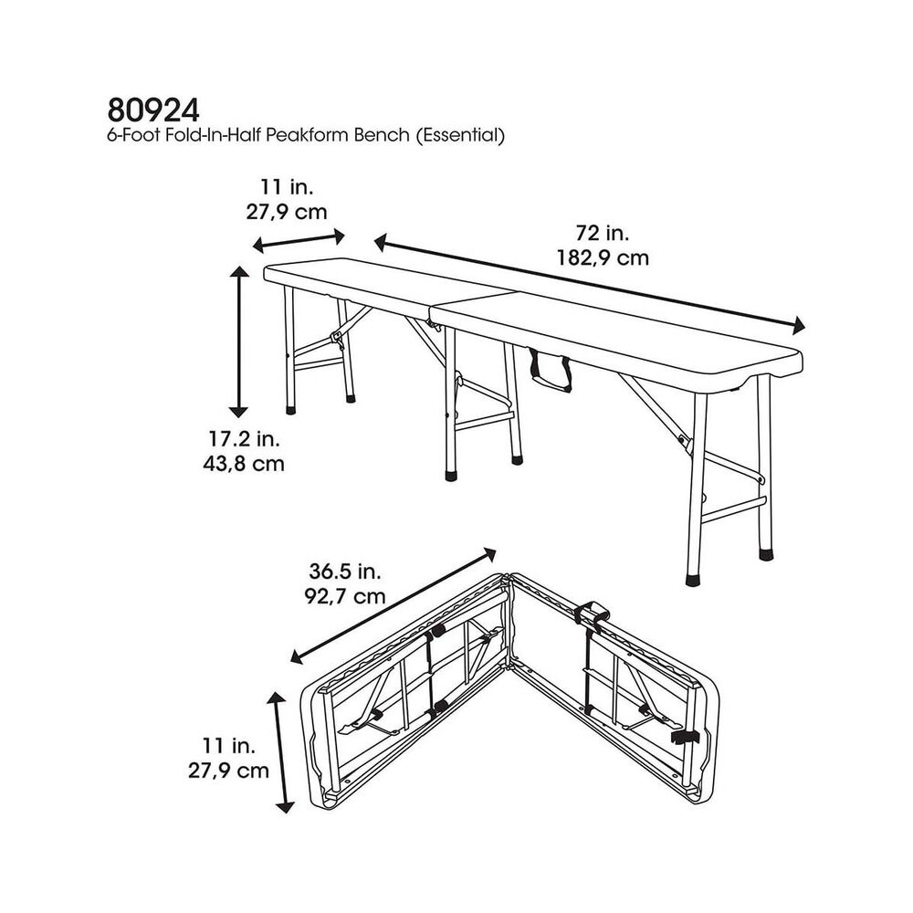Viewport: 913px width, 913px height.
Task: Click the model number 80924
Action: point(153,110)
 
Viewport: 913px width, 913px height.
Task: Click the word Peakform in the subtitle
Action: point(302,136)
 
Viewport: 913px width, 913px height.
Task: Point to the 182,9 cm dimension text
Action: point(603,257)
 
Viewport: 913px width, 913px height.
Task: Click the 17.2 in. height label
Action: point(244,438)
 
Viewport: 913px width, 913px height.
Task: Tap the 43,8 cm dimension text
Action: point(244,464)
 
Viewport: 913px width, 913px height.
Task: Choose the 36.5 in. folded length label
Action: point(345,572)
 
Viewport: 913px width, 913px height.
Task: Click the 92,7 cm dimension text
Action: point(345,596)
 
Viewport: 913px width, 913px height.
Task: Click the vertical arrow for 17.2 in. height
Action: point(238,341)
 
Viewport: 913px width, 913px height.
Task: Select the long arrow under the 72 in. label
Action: point(589,284)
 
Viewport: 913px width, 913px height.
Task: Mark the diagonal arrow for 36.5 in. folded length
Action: point(393,605)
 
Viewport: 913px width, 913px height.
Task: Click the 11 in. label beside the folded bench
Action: point(229,745)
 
